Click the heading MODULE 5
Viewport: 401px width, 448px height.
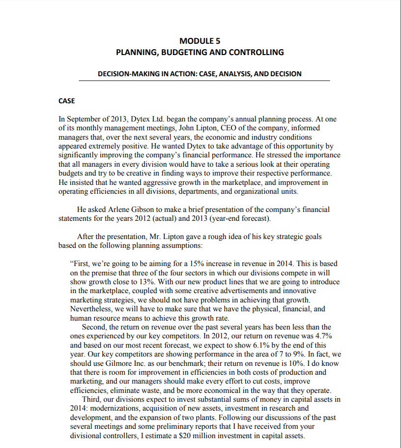(200, 41)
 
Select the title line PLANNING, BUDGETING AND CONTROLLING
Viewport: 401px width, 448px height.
(200, 52)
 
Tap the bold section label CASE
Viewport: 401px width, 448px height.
(66, 101)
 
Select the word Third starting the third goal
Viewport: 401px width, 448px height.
(92, 399)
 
